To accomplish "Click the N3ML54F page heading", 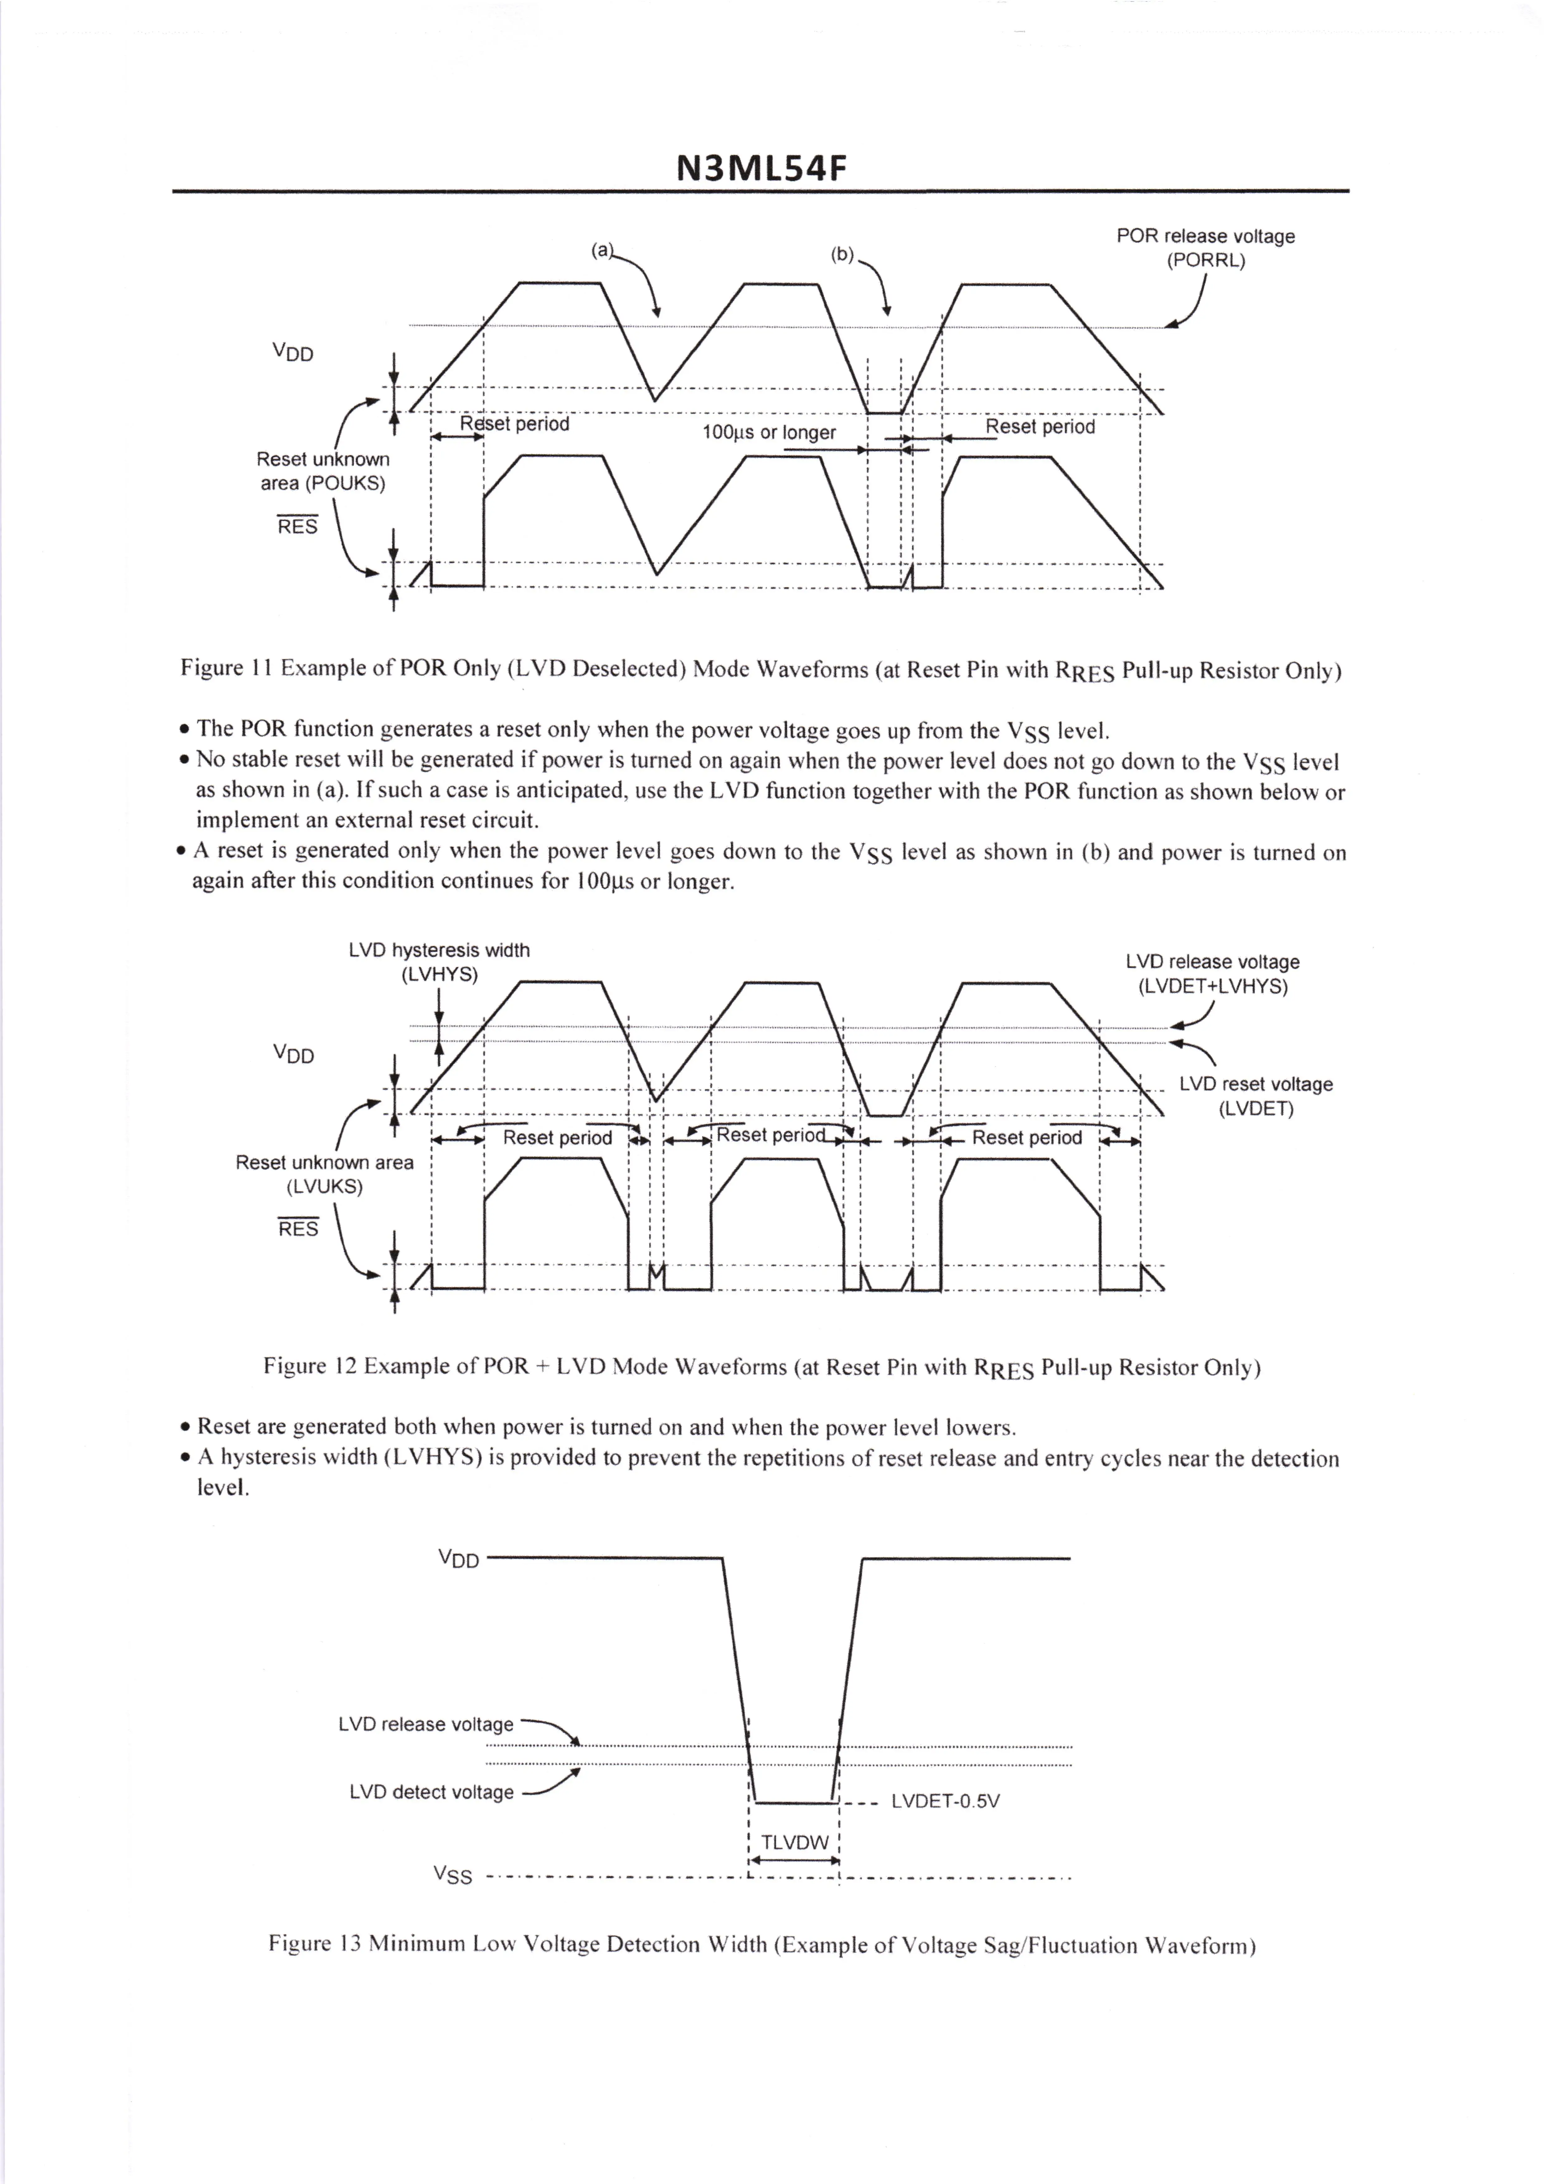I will click(760, 168).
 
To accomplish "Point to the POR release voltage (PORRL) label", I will click(1205, 247).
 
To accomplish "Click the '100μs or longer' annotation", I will click(769, 433).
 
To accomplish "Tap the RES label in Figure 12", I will click(298, 1229).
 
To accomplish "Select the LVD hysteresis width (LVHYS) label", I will click(439, 962).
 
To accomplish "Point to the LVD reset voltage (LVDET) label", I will click(1256, 1096).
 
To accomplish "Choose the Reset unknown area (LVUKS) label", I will click(324, 1174).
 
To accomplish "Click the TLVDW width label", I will click(794, 1842).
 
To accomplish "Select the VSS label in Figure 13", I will click(453, 1875).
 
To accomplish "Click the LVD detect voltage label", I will click(431, 1792).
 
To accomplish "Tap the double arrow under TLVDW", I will click(794, 1861).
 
